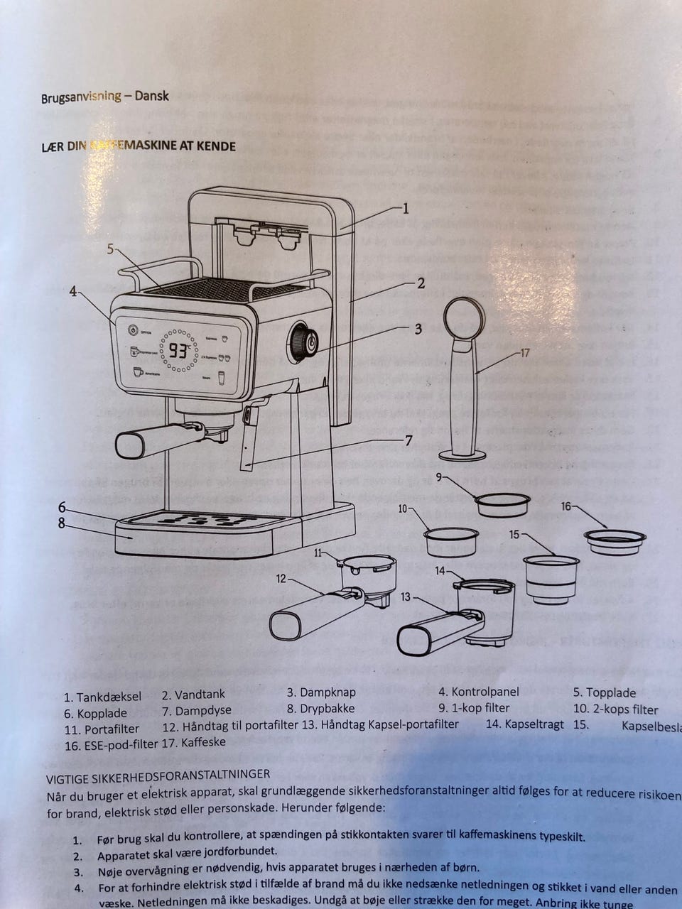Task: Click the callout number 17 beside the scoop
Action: click(525, 353)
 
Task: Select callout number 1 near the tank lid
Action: click(406, 208)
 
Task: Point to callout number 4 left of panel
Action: click(73, 291)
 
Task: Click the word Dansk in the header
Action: click(151, 96)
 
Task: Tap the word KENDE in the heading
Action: click(215, 146)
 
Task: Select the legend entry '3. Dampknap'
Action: click(321, 692)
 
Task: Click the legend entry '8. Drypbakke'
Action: click(320, 708)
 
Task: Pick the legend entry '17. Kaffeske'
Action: click(193, 742)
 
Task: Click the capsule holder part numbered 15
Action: click(551, 578)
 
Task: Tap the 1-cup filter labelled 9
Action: click(502, 504)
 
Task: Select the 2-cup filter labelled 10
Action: click(451, 541)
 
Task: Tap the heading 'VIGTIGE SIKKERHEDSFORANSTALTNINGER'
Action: click(158, 774)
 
